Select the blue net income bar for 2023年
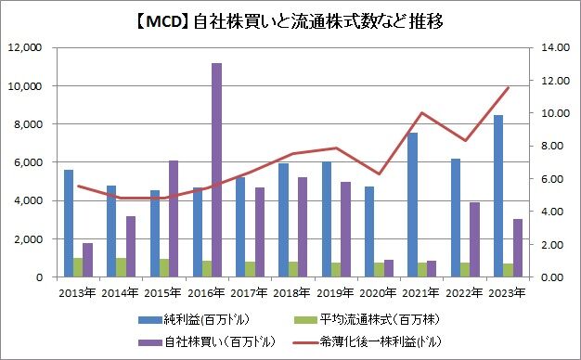[498, 196]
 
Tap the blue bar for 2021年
[413, 204]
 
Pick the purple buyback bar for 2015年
[173, 219]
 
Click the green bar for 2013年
[78, 267]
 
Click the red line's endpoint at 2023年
[509, 87]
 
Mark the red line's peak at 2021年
[423, 113]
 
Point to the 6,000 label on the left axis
[28, 162]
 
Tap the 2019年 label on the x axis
[338, 293]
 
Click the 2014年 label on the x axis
[120, 293]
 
